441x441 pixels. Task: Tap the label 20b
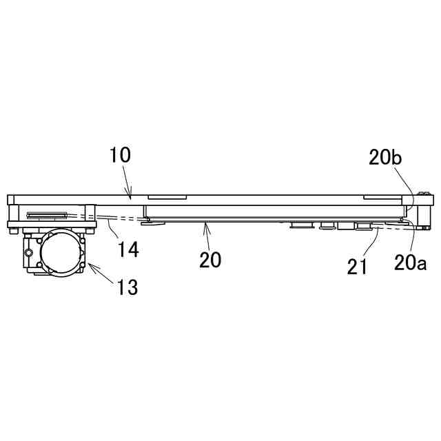click(384, 158)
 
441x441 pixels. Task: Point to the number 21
click(357, 267)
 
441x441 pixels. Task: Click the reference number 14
click(128, 249)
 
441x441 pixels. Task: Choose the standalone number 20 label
click(210, 260)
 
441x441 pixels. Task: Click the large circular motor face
click(60, 251)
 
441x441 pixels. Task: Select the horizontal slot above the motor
click(47, 214)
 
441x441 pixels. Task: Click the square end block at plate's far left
click(10, 201)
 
